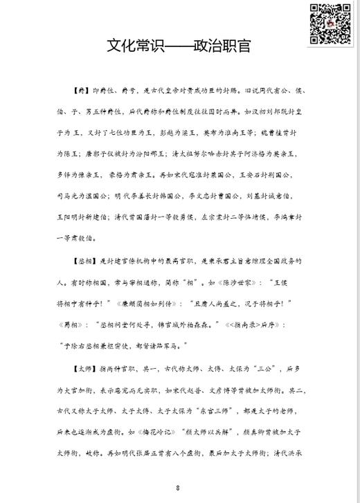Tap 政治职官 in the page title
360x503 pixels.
[224, 47]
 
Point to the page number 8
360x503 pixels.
[179, 488]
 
